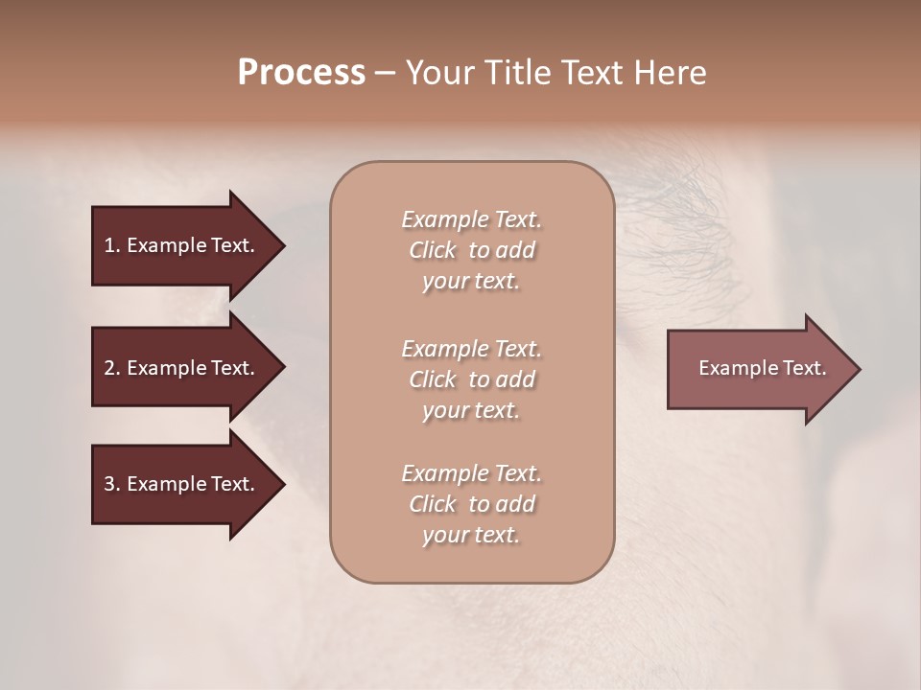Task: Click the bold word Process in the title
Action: [301, 73]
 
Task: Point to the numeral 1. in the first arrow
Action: [112, 245]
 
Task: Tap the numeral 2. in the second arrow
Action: [112, 368]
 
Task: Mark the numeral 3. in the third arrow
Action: [112, 484]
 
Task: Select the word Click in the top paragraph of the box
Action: [433, 250]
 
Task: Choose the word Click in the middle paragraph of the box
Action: [433, 379]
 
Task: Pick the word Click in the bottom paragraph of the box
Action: [433, 504]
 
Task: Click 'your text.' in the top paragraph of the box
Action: [471, 282]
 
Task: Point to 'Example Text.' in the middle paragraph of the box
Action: [471, 349]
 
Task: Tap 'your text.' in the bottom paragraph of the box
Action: [471, 536]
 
